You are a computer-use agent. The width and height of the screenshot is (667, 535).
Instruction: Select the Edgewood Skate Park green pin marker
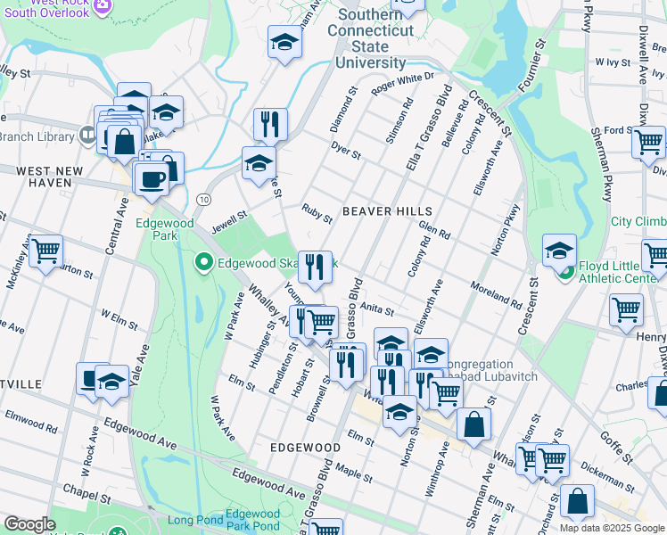tap(203, 262)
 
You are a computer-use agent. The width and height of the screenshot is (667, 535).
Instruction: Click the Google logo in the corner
tap(29, 524)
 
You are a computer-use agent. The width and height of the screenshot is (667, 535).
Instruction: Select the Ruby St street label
tap(317, 212)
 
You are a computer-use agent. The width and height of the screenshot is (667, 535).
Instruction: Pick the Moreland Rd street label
tap(496, 291)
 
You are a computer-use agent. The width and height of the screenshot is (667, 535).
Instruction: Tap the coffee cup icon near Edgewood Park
tap(150, 179)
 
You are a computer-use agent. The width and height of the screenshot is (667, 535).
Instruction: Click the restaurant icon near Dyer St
tap(269, 124)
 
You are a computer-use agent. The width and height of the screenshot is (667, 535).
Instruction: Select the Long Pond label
tap(192, 520)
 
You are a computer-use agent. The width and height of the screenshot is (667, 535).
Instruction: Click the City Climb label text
tap(638, 222)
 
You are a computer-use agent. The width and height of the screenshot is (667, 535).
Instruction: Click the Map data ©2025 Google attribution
tap(611, 528)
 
